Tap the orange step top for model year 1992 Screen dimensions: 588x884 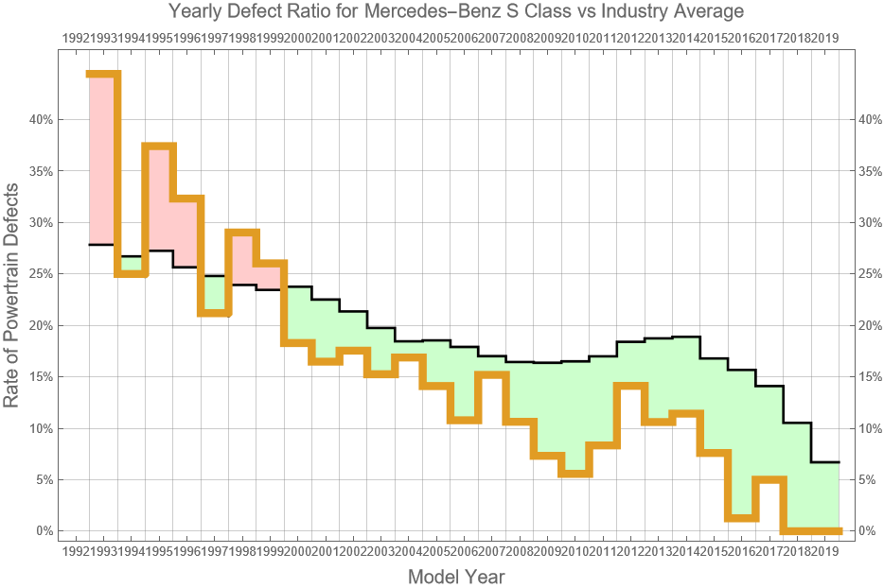click(103, 74)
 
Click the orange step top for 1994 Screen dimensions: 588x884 click(159, 146)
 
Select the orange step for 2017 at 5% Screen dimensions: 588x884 click(769, 479)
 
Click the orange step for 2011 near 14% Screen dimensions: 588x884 click(630, 385)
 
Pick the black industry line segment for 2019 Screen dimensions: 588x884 click(825, 462)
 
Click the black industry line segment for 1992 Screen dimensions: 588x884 click(103, 245)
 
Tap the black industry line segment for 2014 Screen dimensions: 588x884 click(686, 337)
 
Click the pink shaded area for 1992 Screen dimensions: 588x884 click(103, 161)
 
